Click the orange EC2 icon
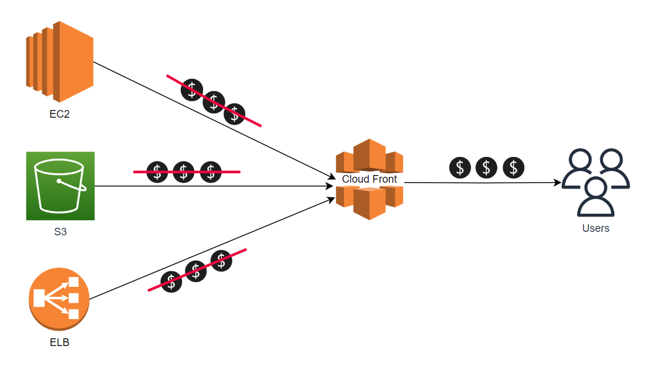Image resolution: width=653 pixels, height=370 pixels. pos(60,61)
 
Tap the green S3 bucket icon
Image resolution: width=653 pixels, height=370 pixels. pos(60,186)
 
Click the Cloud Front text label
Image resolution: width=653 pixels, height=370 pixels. pos(369,179)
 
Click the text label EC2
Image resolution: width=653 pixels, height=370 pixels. pos(60,114)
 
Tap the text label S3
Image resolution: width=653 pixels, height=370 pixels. pos(60,232)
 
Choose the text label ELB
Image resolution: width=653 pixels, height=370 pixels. pos(59,342)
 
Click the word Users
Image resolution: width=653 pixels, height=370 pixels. pos(596,228)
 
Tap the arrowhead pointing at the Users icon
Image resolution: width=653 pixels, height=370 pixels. pos(558,183)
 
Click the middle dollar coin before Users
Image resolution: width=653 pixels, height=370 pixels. pos(487,167)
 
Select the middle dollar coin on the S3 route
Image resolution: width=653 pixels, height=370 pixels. pos(184,172)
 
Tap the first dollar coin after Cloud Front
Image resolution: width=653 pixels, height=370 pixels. pos(460,167)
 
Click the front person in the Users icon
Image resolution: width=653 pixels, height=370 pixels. pos(596,197)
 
